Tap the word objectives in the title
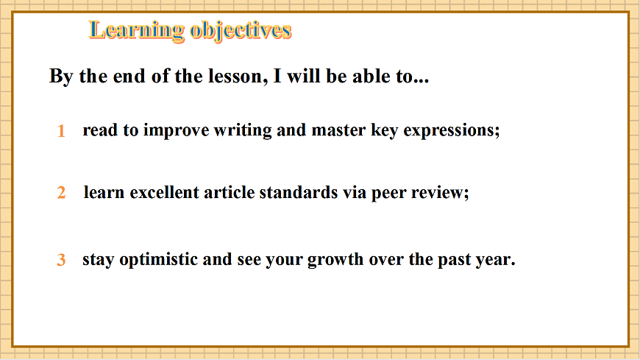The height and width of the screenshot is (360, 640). coord(241,30)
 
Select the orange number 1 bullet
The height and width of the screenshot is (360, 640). coord(62,132)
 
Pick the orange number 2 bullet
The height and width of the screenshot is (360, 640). coord(62,193)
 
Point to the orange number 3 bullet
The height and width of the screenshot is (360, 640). coord(62,260)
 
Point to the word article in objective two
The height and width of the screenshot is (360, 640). coord(228,193)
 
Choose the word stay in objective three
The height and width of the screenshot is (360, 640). coord(97,260)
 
